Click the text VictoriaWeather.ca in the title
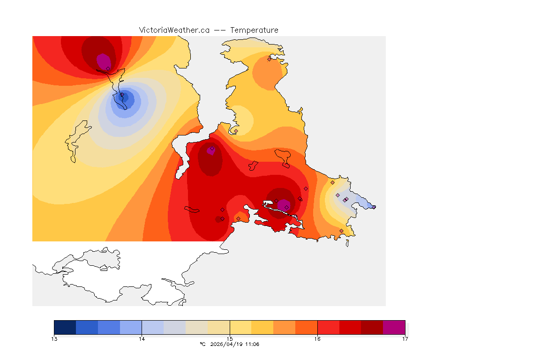point(174,30)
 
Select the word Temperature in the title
point(254,30)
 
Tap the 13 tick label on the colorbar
point(54,338)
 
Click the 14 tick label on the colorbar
point(142,338)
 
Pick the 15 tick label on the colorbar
point(230,338)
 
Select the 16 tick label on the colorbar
point(317,338)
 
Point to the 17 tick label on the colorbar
point(405,338)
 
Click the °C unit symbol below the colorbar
point(202,344)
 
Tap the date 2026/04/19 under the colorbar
point(227,344)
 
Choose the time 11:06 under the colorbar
point(252,344)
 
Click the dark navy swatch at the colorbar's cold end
point(65,327)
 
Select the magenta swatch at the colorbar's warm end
point(394,327)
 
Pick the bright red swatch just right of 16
point(328,327)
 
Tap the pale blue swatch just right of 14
point(153,327)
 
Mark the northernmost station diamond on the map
point(269,59)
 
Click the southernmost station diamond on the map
point(341,231)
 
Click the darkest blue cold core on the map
point(125,97)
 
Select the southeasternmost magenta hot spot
point(283,205)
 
